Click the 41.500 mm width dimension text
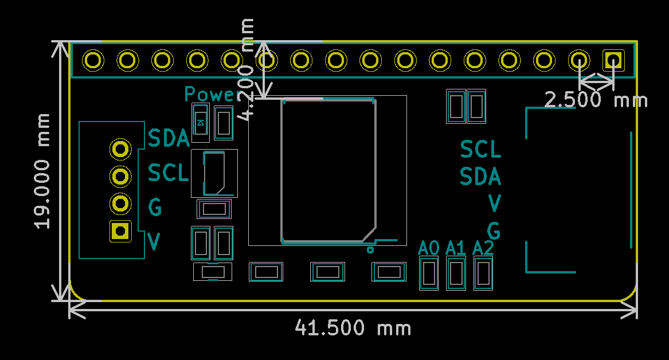click(353, 328)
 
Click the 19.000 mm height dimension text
click(42, 171)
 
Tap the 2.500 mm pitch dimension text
click(596, 100)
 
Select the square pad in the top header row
click(613, 60)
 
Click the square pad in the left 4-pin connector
click(120, 231)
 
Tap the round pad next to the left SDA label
click(120, 149)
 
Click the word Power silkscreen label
click(213, 94)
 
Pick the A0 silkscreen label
click(428, 248)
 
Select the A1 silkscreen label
click(456, 248)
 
